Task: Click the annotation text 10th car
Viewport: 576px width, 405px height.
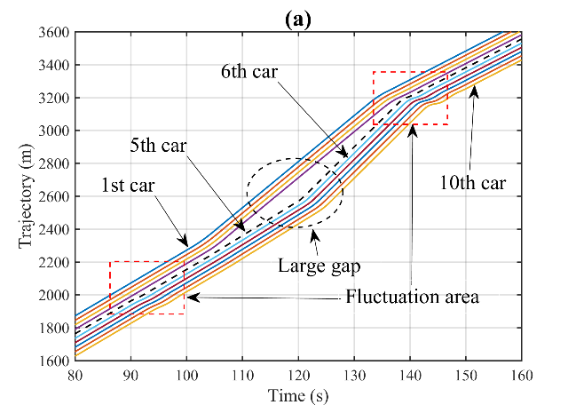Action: click(471, 184)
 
